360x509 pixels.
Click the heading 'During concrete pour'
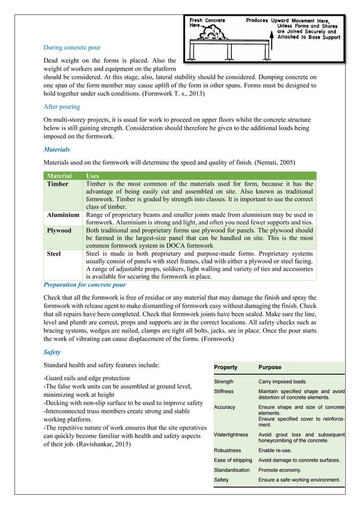click(72, 47)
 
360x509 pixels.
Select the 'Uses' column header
click(93, 176)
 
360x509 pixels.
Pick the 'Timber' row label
click(58, 184)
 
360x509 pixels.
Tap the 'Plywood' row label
click(59, 231)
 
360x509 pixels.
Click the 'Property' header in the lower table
click(226, 367)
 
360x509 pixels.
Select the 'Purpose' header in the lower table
click(270, 367)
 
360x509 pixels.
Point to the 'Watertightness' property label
click(232, 435)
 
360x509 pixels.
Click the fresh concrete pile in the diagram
click(207, 36)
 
